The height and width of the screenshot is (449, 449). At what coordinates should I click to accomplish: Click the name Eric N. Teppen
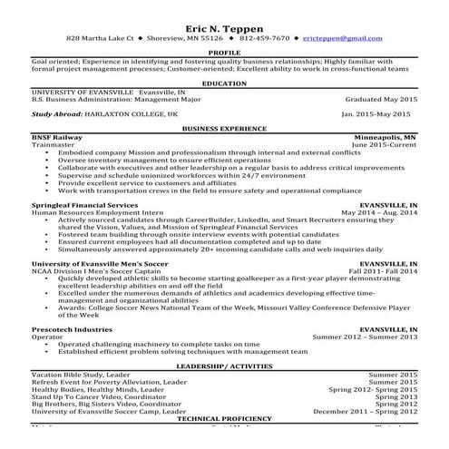tap(224, 26)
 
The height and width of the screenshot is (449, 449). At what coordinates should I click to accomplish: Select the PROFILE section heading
tap(224, 53)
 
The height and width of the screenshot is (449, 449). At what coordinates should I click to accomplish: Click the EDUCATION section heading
tap(224, 83)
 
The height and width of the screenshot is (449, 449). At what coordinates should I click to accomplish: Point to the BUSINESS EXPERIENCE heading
tap(224, 129)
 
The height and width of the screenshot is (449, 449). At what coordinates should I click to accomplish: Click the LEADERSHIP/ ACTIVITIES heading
tap(224, 366)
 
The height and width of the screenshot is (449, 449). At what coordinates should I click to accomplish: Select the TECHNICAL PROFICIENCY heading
tap(224, 418)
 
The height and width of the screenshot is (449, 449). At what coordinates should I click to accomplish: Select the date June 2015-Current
tap(383, 144)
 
